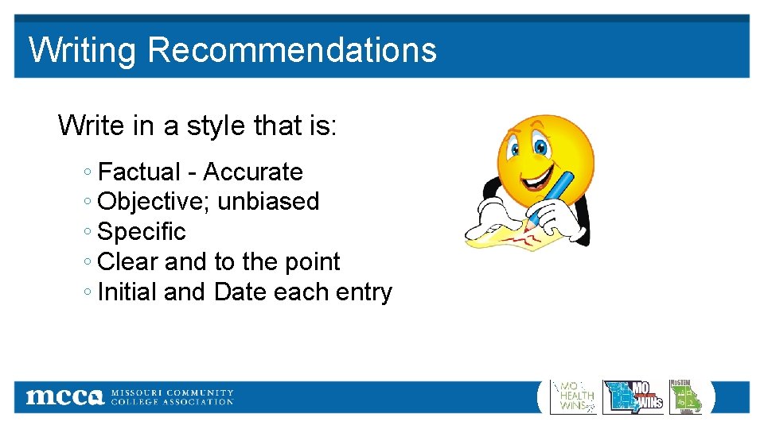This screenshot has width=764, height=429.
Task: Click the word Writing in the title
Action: click(82, 50)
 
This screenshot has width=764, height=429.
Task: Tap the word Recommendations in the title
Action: click(291, 49)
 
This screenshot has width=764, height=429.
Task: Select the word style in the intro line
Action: click(216, 126)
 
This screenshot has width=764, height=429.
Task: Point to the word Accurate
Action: click(253, 172)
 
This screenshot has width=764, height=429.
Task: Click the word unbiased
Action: click(268, 202)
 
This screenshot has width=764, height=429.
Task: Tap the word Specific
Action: click(141, 232)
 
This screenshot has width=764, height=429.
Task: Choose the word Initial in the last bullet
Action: click(127, 292)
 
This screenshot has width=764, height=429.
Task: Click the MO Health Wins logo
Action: click(574, 396)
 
